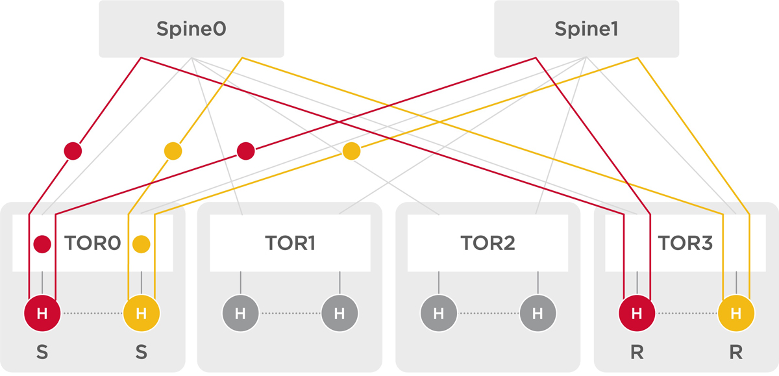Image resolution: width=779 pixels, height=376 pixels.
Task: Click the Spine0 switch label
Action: click(x=191, y=29)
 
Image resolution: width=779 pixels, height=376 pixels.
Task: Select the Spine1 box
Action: click(x=586, y=29)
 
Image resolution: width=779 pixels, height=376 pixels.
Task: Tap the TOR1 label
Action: click(x=290, y=244)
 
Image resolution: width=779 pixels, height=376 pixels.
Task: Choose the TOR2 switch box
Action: click(x=488, y=244)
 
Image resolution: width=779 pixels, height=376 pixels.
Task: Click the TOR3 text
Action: click(x=686, y=244)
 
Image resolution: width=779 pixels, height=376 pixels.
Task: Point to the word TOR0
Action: click(x=93, y=244)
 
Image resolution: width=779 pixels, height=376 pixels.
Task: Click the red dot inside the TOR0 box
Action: click(x=42, y=244)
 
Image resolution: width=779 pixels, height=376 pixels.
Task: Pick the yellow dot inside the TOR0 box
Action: click(x=141, y=244)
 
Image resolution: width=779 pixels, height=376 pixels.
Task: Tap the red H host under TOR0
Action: click(x=42, y=314)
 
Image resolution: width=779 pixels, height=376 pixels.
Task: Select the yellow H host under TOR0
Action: click(x=141, y=314)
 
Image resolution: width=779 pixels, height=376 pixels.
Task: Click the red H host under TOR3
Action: click(x=637, y=314)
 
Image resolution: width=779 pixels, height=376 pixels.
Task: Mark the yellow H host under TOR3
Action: click(x=736, y=314)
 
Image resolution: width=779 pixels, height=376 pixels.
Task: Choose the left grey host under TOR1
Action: click(x=240, y=314)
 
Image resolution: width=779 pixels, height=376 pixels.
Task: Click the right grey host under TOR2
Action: click(x=537, y=314)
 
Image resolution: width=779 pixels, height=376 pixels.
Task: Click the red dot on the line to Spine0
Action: click(x=73, y=151)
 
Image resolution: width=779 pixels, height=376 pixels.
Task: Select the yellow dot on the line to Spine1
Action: click(x=351, y=151)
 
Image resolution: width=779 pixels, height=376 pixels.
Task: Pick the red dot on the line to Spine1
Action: click(x=245, y=151)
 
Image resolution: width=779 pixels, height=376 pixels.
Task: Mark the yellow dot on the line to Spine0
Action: click(x=173, y=151)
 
